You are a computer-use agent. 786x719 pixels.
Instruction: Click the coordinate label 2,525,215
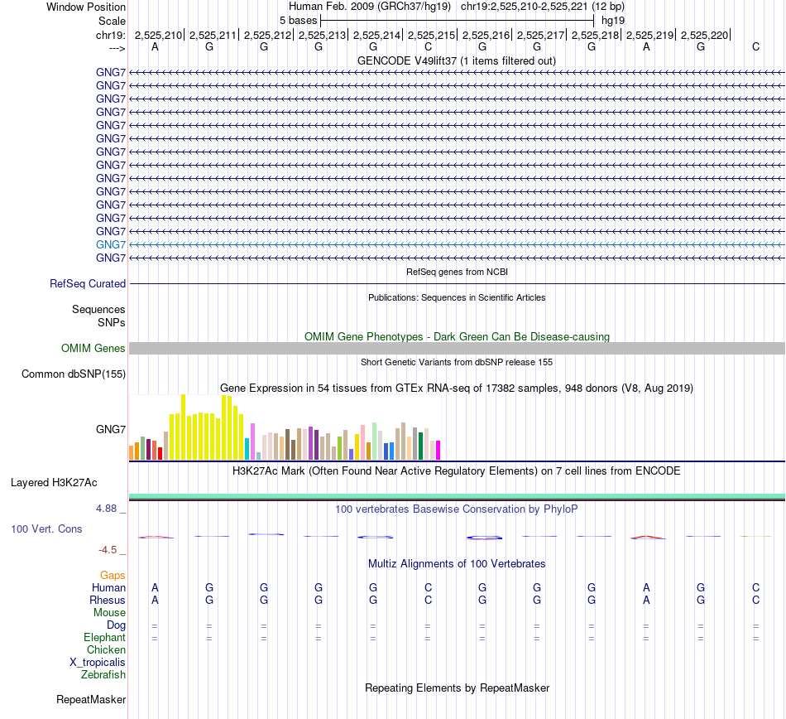point(431,35)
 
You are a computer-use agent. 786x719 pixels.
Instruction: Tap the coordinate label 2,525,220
point(704,35)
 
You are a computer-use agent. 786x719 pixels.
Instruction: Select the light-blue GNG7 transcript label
point(111,244)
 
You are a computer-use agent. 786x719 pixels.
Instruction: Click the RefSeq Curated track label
point(88,283)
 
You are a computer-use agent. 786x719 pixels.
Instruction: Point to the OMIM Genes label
point(93,348)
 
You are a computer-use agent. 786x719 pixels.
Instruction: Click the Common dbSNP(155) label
point(74,374)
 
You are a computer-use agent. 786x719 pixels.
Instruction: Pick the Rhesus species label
point(108,600)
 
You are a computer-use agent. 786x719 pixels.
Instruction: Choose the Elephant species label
point(104,638)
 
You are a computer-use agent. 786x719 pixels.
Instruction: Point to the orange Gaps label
point(113,575)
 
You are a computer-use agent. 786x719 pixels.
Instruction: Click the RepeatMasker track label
point(91,700)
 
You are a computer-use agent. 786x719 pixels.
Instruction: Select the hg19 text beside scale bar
point(613,19)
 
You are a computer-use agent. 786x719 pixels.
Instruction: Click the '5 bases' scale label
point(298,19)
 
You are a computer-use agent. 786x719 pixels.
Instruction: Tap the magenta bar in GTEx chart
point(438,450)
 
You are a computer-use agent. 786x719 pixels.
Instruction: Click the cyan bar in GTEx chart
point(247,448)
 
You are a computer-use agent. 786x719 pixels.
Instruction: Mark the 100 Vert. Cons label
point(46,528)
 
